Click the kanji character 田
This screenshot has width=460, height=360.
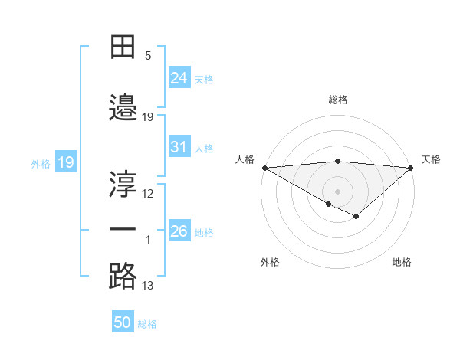[x=123, y=48]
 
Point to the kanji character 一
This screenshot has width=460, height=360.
[x=123, y=229]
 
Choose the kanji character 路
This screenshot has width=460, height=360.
[x=123, y=276]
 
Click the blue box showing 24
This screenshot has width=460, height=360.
[x=179, y=77]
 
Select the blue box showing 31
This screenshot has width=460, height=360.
[x=179, y=147]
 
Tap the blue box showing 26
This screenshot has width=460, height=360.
[x=179, y=231]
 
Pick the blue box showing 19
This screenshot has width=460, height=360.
[x=65, y=162]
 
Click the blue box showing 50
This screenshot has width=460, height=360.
[x=123, y=322]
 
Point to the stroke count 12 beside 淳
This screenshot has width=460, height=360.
[x=148, y=194]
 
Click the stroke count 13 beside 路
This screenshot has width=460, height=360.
[x=148, y=286]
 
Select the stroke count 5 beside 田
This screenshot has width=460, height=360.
[x=148, y=56]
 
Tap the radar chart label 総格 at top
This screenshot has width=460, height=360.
[x=337, y=100]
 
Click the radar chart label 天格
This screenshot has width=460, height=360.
[x=431, y=159]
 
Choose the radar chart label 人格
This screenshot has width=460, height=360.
[x=245, y=159]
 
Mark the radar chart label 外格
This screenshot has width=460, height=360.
[x=270, y=262]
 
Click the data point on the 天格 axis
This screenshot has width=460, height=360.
[x=411, y=167]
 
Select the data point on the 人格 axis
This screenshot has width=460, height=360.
[x=264, y=167]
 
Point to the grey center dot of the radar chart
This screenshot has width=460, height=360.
[x=337, y=190]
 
